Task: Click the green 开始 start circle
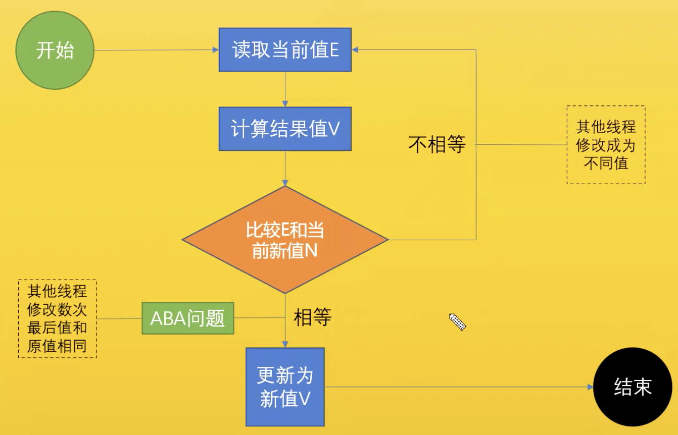tap(55, 50)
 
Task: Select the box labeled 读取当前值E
tap(285, 50)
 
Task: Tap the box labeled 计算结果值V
tap(285, 129)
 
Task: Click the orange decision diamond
tap(285, 240)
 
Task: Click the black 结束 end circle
tap(633, 387)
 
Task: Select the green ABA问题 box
tap(188, 318)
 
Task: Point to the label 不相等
tap(437, 145)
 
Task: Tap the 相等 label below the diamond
tap(313, 318)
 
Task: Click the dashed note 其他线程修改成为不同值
tap(606, 145)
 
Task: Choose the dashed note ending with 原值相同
tap(57, 319)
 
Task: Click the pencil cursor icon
tap(457, 321)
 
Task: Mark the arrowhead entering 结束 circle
tap(590, 387)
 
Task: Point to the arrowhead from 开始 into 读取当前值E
tap(215, 50)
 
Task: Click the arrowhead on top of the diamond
tap(285, 183)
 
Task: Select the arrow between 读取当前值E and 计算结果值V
tap(285, 89)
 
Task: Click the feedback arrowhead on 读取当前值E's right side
tap(355, 50)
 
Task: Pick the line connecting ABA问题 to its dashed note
tap(119, 318)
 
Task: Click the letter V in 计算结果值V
tap(334, 130)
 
